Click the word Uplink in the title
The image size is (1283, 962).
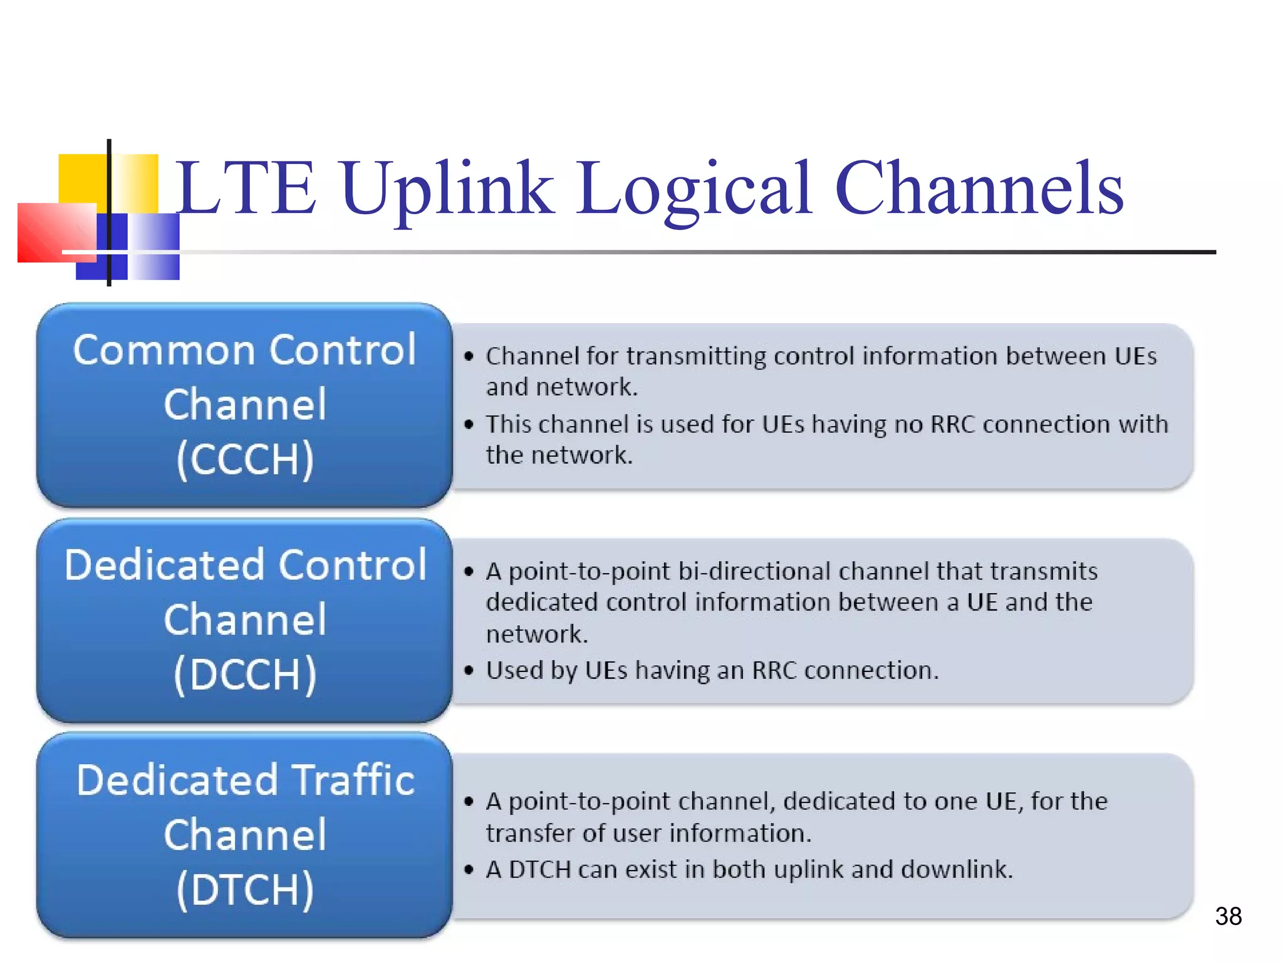[447, 188]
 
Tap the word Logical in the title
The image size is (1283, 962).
[693, 188]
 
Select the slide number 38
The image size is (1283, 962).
[1228, 916]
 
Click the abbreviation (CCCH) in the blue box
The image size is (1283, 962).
[244, 459]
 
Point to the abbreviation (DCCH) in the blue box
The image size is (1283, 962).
[244, 675]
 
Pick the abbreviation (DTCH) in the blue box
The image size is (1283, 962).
[244, 889]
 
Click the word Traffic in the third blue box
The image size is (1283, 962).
[354, 780]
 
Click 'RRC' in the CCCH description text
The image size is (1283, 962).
[953, 425]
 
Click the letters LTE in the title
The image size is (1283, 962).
[244, 188]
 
